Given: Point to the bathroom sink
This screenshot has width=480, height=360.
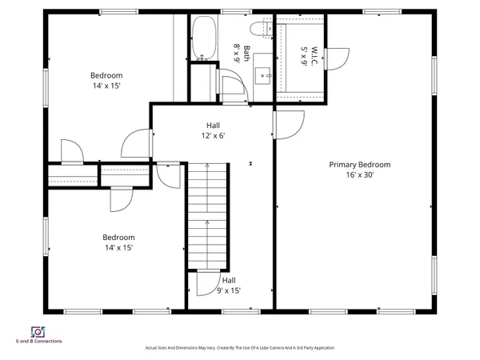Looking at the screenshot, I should [x=264, y=76].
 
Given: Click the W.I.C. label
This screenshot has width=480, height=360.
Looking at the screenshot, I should [x=305, y=52].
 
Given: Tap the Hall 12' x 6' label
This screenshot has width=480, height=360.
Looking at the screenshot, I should [x=213, y=130].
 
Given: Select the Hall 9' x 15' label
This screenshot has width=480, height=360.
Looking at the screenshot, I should [x=228, y=286].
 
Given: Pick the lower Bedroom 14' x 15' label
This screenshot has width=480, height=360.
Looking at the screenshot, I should [x=118, y=242].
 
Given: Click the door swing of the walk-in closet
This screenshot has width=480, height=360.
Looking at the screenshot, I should [x=338, y=58].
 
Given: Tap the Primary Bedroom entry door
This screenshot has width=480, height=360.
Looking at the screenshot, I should [x=289, y=124].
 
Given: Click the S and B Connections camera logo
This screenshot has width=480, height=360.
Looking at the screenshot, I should [x=38, y=331].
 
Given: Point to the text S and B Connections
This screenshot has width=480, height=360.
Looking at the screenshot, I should [x=38, y=342].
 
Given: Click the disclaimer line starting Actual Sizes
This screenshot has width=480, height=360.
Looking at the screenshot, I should [x=239, y=348].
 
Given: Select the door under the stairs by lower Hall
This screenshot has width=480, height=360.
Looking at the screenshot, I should [x=206, y=284].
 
